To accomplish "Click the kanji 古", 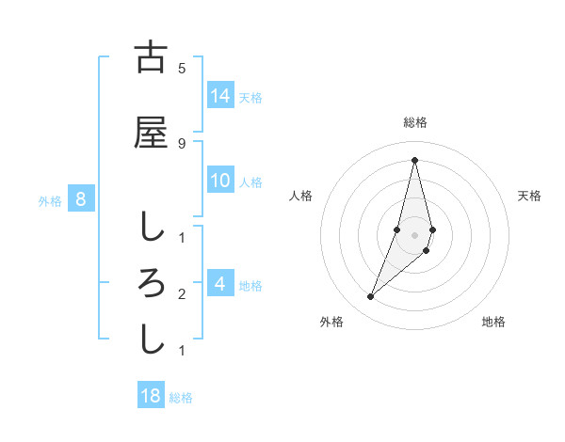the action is pyautogui.click(x=151, y=57).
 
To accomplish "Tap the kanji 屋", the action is pyautogui.click(x=151, y=132).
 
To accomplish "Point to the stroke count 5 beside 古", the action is pyautogui.click(x=182, y=69).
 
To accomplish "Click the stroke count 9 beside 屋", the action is pyautogui.click(x=182, y=143).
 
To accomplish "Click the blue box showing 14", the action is pyautogui.click(x=220, y=96).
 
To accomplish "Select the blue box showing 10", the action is pyautogui.click(x=220, y=181).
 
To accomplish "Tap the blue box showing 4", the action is pyautogui.click(x=220, y=284).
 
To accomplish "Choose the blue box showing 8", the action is pyautogui.click(x=81, y=199).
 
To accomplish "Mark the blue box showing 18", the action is pyautogui.click(x=151, y=396).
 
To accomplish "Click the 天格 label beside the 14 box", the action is pyautogui.click(x=250, y=97).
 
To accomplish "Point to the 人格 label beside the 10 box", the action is pyautogui.click(x=250, y=182).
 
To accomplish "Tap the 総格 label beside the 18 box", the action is pyautogui.click(x=181, y=397).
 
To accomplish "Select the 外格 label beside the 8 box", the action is pyautogui.click(x=50, y=200).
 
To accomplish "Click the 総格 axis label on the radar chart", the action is pyautogui.click(x=414, y=122).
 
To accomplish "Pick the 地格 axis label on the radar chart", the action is pyautogui.click(x=493, y=322).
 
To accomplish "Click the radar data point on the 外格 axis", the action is pyautogui.click(x=370, y=297).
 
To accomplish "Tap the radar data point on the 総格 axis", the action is pyautogui.click(x=414, y=160).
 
